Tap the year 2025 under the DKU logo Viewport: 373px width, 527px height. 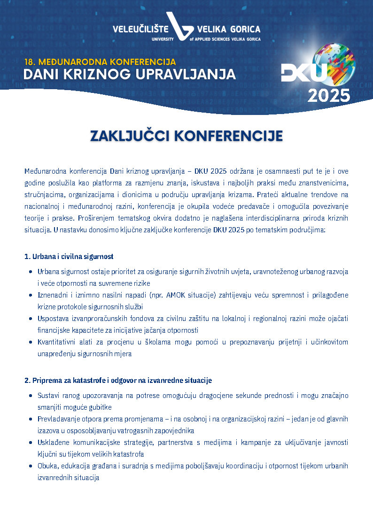point(329,95)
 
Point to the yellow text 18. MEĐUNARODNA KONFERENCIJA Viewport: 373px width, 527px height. point(100,61)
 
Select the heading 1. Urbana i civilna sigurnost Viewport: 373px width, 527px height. point(69,257)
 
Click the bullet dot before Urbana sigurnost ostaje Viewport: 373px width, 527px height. point(31,272)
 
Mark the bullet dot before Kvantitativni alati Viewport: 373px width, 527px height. point(31,342)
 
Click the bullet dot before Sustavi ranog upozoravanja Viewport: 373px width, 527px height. point(31,396)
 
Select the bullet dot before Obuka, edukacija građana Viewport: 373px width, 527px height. point(31,466)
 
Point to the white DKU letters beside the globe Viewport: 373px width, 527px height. point(303,73)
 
